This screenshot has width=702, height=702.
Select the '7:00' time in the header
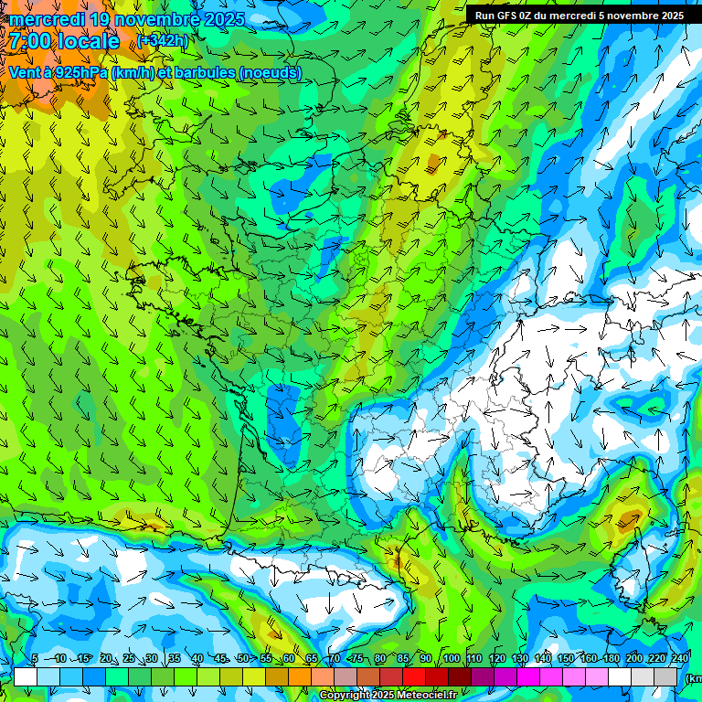[x=32, y=41]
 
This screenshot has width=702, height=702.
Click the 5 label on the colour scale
[x=35, y=659]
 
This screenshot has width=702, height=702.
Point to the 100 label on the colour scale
[x=451, y=659]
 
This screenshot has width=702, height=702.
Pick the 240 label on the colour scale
[x=680, y=659]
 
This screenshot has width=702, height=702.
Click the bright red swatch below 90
[x=414, y=676]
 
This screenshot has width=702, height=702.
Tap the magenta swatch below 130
[x=528, y=676]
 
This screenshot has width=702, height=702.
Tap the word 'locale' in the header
[x=90, y=41]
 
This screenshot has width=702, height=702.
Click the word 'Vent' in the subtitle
[x=24, y=72]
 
